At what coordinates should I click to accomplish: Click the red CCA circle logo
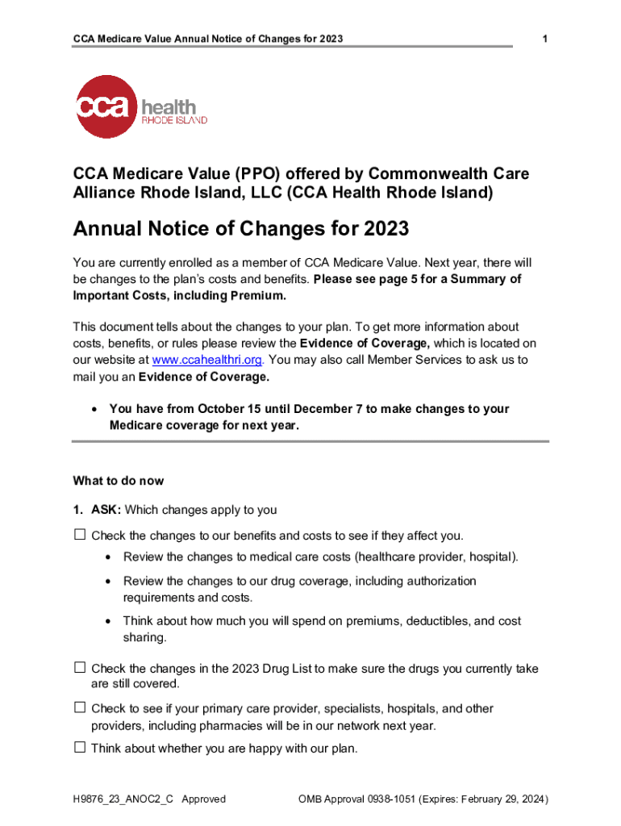coord(106,106)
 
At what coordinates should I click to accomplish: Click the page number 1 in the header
coord(546,39)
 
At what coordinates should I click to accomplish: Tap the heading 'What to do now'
coord(118,481)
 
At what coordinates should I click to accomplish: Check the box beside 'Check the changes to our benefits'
coord(80,535)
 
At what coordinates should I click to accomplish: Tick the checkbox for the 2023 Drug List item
coord(80,668)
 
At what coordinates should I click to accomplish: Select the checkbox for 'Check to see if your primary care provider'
coord(80,707)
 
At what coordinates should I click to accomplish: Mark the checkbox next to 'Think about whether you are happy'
coord(80,748)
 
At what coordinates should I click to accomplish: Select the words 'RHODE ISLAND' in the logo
coord(174,120)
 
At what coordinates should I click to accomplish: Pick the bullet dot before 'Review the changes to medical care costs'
coord(108,557)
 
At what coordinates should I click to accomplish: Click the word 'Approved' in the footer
coord(203,799)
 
